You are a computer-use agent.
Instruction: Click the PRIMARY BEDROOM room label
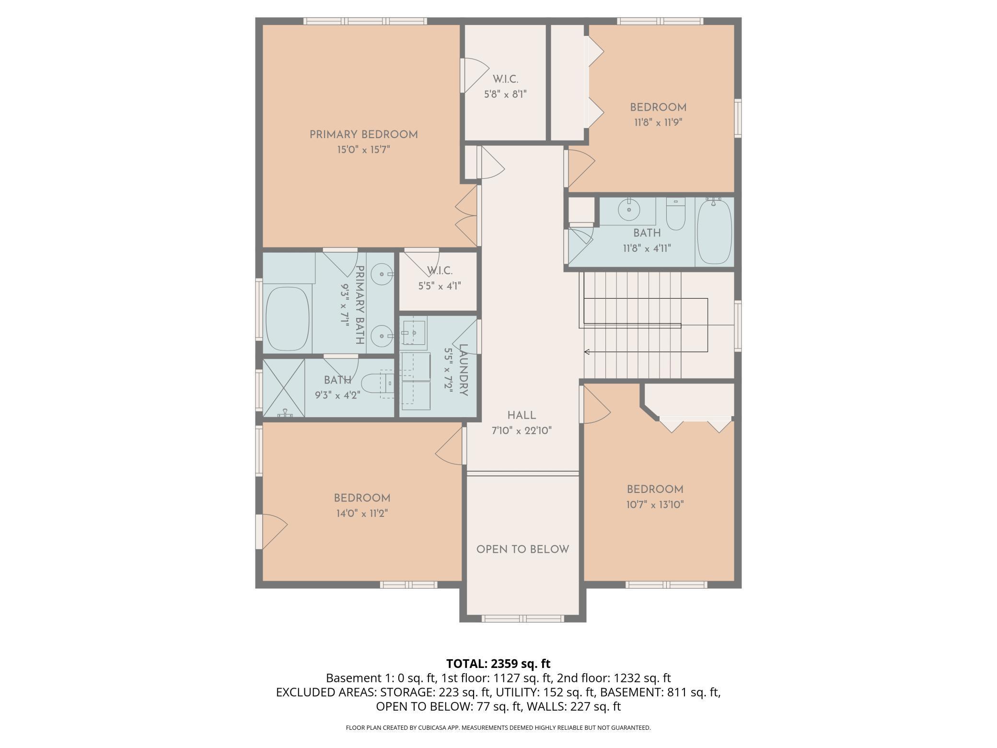[x=363, y=135]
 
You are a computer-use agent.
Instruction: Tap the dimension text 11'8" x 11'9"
[x=658, y=122]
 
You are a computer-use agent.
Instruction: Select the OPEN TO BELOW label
[x=522, y=549]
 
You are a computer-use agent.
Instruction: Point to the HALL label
[x=522, y=416]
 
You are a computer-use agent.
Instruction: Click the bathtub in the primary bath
[x=287, y=319]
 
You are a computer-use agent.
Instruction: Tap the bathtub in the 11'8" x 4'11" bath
[x=714, y=232]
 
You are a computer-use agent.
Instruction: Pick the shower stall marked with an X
[x=283, y=388]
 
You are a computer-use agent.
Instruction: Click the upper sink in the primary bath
[x=383, y=274]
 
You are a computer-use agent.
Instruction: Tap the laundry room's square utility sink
[x=414, y=332]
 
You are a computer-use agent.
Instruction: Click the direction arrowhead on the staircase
[x=586, y=352]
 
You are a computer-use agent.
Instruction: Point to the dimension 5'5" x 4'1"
[x=440, y=286]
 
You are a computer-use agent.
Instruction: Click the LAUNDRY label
[x=463, y=370]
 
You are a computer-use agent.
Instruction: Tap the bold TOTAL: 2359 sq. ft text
[x=498, y=664]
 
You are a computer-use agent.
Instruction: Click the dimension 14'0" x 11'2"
[x=362, y=514]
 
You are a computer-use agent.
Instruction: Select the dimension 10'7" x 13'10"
[x=655, y=504]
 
